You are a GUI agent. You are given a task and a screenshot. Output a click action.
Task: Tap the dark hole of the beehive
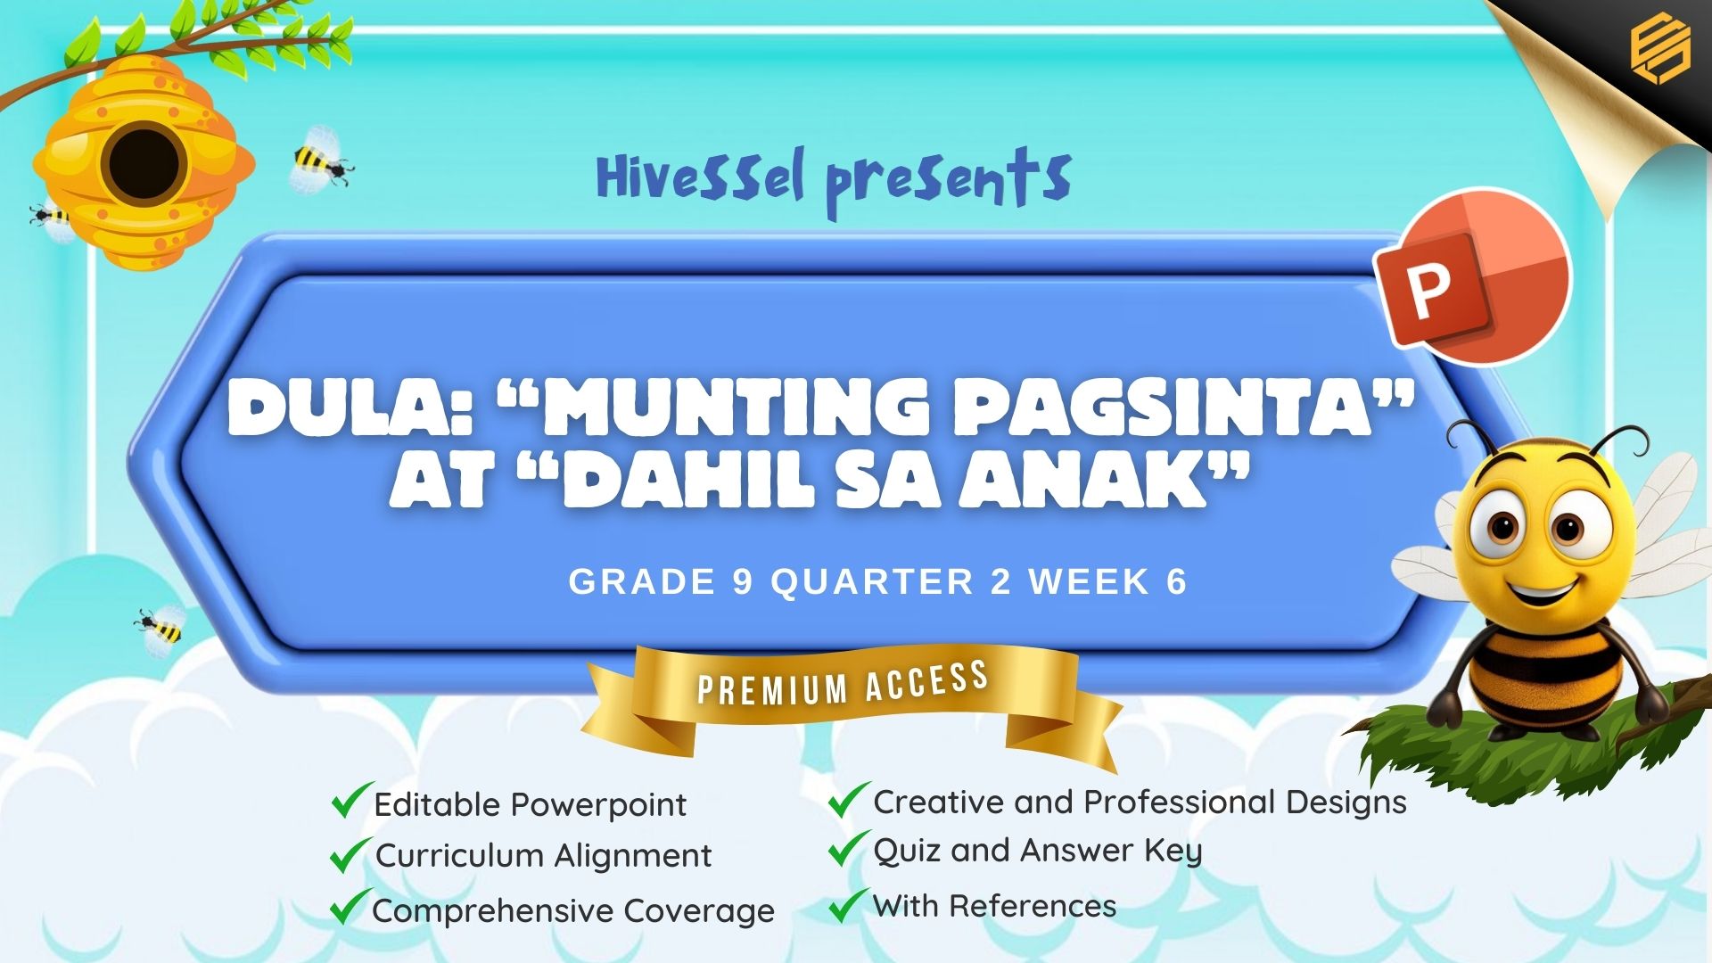144,165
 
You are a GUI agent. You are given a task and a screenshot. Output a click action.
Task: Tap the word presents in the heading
948,183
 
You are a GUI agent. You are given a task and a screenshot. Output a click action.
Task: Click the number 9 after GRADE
743,582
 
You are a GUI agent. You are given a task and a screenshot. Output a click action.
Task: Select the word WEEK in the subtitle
1089,582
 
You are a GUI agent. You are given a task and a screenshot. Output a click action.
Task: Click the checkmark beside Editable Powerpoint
351,800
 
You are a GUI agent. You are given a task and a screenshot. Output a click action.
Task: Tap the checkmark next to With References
848,904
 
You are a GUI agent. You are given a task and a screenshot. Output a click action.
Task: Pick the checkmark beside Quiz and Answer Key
848,848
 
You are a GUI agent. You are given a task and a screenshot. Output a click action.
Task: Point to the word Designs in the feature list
1346,802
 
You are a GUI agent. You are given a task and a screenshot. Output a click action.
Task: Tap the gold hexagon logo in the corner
1660,50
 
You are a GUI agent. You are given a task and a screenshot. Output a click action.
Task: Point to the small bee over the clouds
161,628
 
